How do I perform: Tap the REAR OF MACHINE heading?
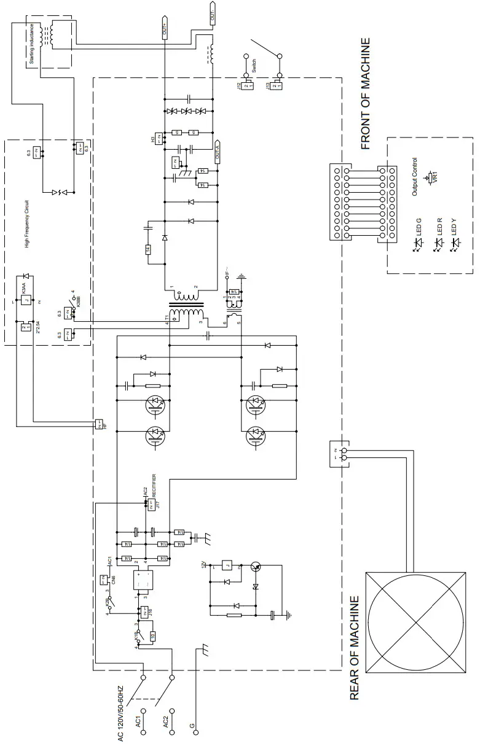(x=355, y=647)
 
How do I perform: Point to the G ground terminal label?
(x=192, y=726)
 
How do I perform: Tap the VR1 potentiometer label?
(x=436, y=177)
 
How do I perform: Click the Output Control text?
(x=415, y=176)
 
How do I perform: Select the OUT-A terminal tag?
(x=218, y=151)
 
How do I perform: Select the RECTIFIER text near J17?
(x=154, y=485)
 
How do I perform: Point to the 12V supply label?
(x=203, y=565)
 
